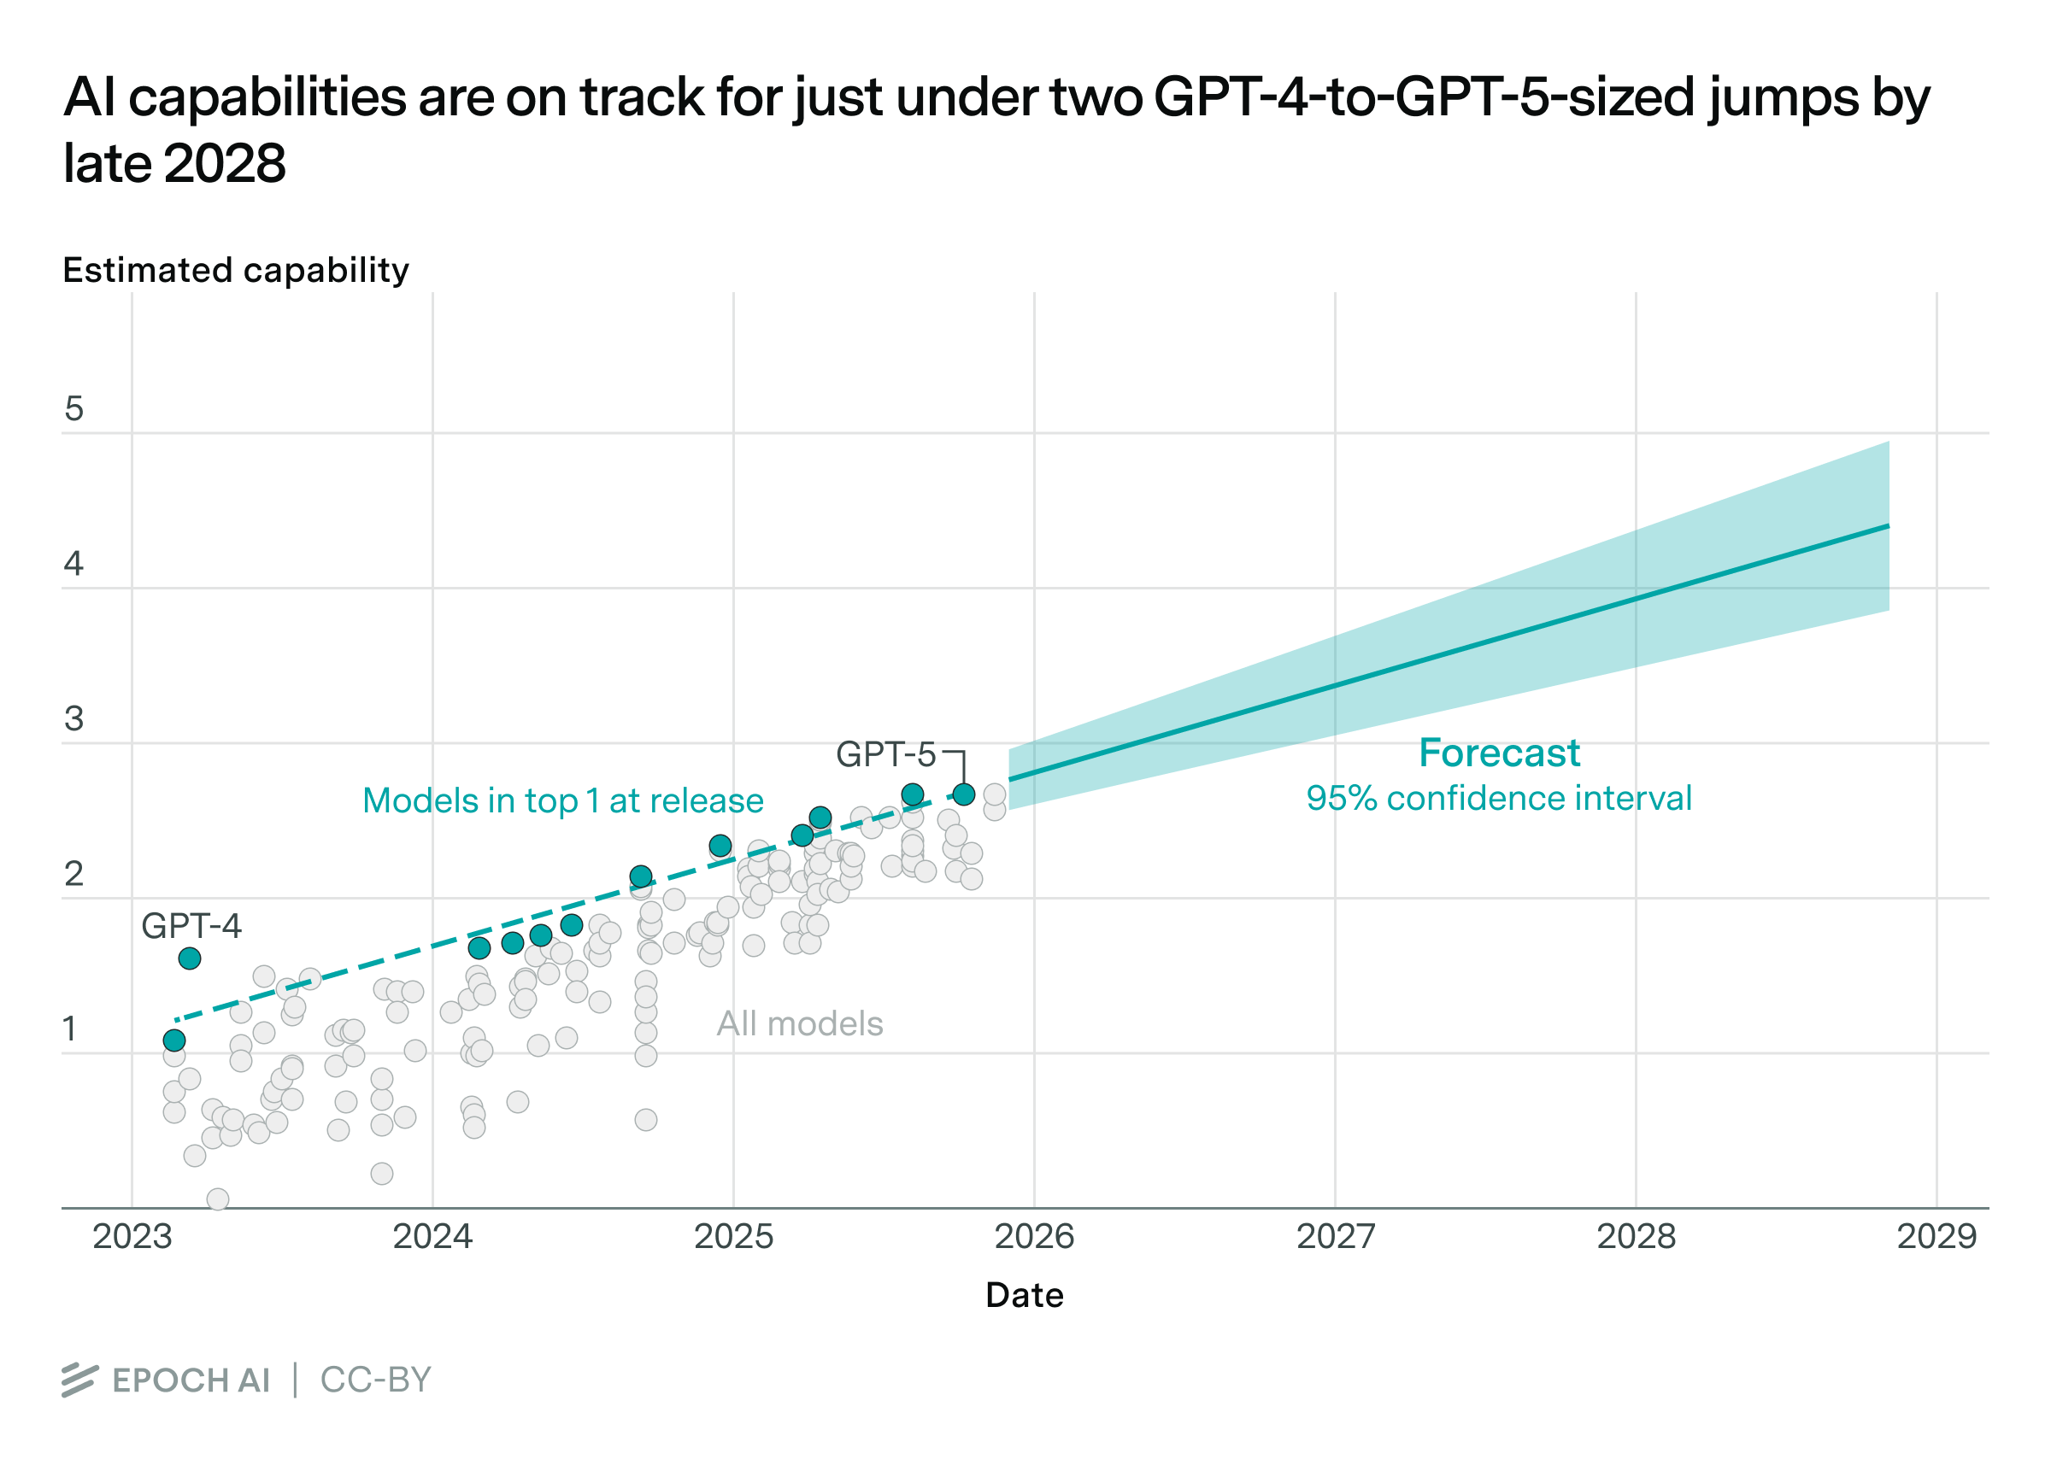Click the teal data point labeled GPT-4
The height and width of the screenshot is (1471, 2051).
point(189,958)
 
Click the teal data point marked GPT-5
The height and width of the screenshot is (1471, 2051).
point(964,794)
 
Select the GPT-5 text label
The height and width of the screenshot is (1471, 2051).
point(885,754)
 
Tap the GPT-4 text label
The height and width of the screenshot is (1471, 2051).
point(191,926)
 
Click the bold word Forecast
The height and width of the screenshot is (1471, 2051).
point(1498,753)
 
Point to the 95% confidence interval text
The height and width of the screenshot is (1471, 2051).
point(1498,799)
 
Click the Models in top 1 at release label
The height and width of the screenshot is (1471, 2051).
point(562,801)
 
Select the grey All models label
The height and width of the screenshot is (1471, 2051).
point(799,1023)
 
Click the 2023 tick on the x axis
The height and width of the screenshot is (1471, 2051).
point(132,1236)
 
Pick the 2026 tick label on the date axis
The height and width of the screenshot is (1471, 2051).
point(1034,1236)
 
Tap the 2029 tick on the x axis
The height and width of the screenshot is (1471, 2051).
point(1936,1236)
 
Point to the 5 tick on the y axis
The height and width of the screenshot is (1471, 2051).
point(74,408)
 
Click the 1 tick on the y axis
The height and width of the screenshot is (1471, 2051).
point(69,1029)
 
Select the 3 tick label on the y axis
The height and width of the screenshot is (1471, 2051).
point(74,718)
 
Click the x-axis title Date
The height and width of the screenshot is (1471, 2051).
point(1025,1295)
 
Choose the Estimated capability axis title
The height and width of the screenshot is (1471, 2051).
point(235,270)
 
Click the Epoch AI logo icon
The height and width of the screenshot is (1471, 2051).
point(79,1380)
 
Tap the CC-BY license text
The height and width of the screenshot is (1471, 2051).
point(375,1380)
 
